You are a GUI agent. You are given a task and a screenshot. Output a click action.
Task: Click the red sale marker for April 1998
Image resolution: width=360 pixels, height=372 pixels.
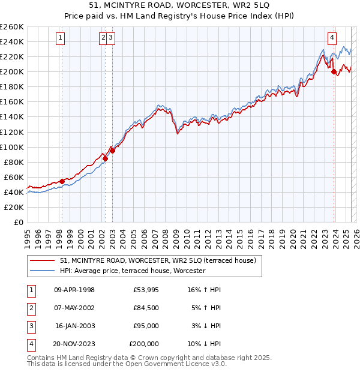coord(62,181)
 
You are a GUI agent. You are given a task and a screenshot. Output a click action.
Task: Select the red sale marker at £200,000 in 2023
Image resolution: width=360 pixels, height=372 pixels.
coord(334,71)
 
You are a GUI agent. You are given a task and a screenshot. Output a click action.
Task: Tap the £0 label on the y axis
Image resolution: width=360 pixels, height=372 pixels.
coord(18,222)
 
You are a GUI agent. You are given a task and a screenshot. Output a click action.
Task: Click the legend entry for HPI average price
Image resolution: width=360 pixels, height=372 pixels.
coord(133,271)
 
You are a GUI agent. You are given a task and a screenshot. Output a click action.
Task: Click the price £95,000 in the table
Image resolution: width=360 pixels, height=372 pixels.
coord(146,326)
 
